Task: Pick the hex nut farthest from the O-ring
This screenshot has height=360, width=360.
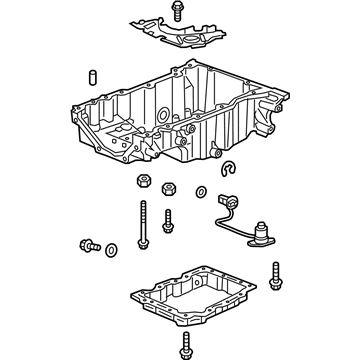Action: point(139,183)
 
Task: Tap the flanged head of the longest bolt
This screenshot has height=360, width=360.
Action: point(142,206)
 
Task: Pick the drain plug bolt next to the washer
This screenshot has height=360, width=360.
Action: point(87,243)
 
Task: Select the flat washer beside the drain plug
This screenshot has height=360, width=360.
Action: point(110,248)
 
